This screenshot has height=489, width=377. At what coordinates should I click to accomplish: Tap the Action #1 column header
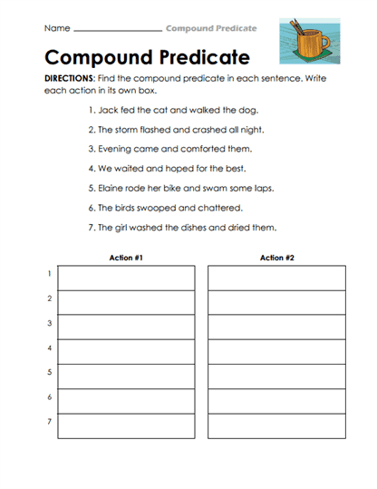126,258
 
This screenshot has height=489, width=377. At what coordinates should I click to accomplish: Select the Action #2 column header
276,258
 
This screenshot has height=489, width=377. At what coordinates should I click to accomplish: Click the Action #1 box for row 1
126,278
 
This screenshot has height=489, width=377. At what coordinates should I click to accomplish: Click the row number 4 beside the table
49,347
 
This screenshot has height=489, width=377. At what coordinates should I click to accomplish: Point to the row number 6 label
49,397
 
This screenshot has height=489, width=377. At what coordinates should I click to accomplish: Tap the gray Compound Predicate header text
210,29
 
